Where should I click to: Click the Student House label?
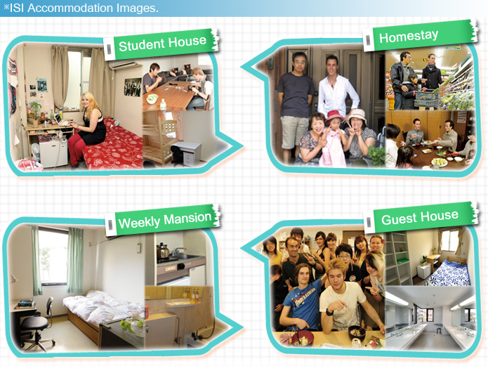click(x=161, y=44)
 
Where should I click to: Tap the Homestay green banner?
click(x=421, y=36)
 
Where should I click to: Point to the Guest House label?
click(x=421, y=217)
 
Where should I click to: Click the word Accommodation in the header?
click(x=70, y=8)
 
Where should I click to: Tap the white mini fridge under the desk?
click(x=53, y=153)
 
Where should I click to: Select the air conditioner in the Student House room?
click(x=124, y=65)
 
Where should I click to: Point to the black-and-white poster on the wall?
click(x=132, y=87)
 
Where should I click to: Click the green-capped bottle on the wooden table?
click(x=163, y=104)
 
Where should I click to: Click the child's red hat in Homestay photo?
click(x=334, y=116)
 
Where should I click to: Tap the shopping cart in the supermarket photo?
click(x=426, y=99)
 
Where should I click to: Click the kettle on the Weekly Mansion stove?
click(x=162, y=251)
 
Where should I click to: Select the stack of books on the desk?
click(x=25, y=303)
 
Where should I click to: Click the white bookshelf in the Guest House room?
click(x=398, y=259)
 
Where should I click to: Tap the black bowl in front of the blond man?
click(x=357, y=332)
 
